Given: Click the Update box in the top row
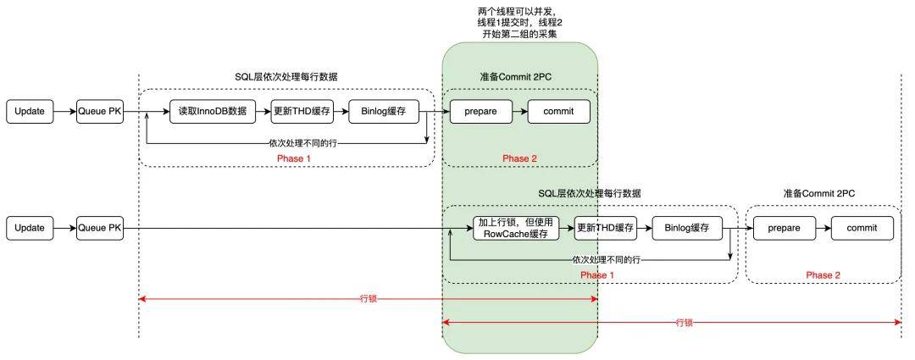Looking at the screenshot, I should pyautogui.click(x=30, y=111).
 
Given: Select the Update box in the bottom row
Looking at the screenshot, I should pyautogui.click(x=30, y=228).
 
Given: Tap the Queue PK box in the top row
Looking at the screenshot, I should pyautogui.click(x=100, y=111).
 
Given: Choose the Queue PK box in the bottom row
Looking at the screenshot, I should pyautogui.click(x=100, y=228).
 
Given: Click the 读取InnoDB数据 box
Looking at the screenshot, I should pyautogui.click(x=212, y=111).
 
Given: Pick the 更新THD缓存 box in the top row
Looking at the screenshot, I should pyautogui.click(x=302, y=111).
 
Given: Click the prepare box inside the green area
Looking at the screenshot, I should pyautogui.click(x=480, y=111).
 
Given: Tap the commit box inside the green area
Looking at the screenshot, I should pyautogui.click(x=558, y=111).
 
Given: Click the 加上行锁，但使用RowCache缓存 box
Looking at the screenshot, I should pyautogui.click(x=517, y=228).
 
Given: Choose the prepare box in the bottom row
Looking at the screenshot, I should pyautogui.click(x=784, y=228).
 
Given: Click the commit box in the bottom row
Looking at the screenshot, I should pyautogui.click(x=862, y=228).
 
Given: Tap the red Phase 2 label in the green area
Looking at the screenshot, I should pyautogui.click(x=519, y=158).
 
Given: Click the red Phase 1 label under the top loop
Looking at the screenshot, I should pyautogui.click(x=294, y=158).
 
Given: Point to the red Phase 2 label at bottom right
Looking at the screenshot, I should pyautogui.click(x=823, y=275).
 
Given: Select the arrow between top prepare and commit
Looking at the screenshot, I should pyautogui.click(x=519, y=111).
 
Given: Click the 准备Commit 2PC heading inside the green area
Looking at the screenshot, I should pyautogui.click(x=519, y=77).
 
